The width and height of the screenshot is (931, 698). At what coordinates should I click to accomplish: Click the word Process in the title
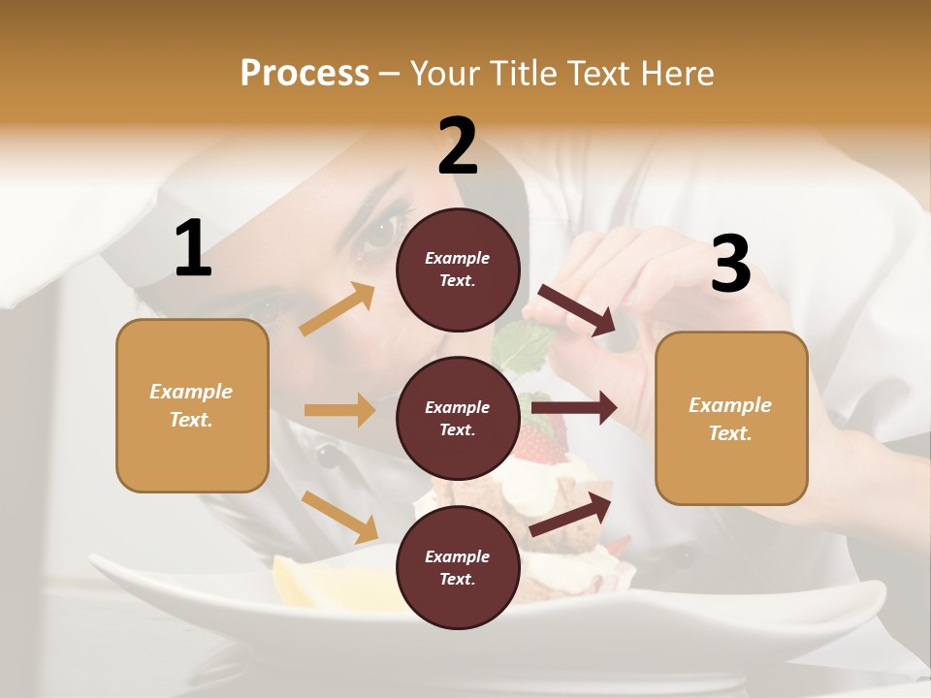pos(305,73)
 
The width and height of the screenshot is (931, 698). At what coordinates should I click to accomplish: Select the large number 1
pos(193,249)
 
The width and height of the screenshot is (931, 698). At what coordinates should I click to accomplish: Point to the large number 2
pos(458,146)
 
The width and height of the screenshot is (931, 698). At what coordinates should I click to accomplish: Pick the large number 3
pos(730,264)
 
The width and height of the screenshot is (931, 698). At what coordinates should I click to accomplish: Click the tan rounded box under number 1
pos(192,405)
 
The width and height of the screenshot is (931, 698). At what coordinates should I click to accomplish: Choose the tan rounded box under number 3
pos(731,418)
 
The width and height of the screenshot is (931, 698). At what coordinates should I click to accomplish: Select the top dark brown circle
pos(458,270)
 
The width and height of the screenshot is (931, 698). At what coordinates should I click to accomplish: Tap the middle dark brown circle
pos(458,418)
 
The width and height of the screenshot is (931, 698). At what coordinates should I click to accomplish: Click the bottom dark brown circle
pos(458,567)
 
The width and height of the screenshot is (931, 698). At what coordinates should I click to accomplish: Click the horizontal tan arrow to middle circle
pos(339,410)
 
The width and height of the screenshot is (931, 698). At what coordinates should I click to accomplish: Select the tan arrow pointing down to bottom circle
pos(339,516)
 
